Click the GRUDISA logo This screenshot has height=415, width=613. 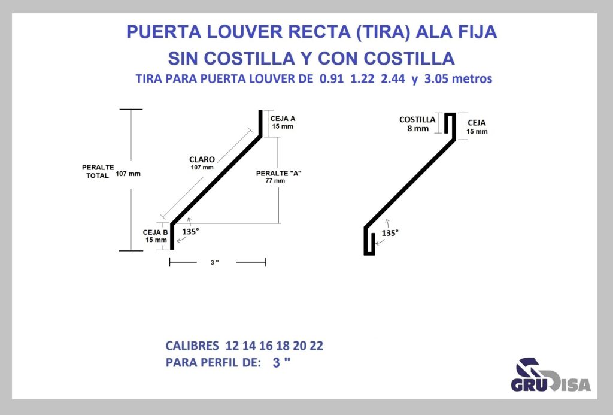pos(551,375)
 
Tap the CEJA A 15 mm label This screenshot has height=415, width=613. pos(283,122)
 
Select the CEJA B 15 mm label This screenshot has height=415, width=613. pos(156,236)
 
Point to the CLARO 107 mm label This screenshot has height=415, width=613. pos(202,163)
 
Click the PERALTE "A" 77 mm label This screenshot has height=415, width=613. pos(279,177)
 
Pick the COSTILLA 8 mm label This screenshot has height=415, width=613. pos(417,124)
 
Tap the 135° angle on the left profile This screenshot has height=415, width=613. pos(190,232)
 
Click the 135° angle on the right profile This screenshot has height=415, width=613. pos(390,233)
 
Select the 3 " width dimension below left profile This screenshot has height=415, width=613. pos(214,262)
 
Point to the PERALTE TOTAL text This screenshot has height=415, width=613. pos(98,172)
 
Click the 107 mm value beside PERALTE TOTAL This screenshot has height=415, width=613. pos(128,174)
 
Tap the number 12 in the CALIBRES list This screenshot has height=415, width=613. pos(232,346)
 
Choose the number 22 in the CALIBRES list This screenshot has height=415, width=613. pos(317,346)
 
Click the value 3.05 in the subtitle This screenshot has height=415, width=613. pos(436,79)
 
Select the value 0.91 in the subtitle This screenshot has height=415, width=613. pos(332,79)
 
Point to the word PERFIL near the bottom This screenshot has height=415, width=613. pos(219,362)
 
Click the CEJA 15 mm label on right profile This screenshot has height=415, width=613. pos(477,127)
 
